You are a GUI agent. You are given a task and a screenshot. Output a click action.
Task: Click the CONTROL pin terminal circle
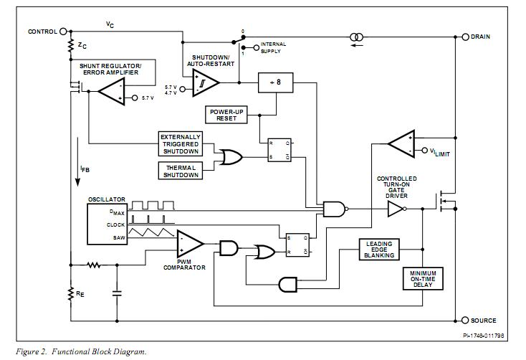(x=63, y=32)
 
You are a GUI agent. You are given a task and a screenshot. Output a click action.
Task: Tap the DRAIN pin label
(x=480, y=37)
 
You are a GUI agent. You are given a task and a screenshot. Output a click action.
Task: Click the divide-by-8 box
(x=275, y=83)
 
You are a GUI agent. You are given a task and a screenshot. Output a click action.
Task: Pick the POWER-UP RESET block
(x=226, y=114)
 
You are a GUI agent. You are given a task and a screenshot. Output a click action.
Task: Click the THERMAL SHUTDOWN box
(x=181, y=171)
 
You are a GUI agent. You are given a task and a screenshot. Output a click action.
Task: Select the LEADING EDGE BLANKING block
(x=378, y=250)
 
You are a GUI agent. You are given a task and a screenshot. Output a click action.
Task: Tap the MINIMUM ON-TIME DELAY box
(x=423, y=278)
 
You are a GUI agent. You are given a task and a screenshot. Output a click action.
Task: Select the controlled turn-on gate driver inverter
(x=396, y=209)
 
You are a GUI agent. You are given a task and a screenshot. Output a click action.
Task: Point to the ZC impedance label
(x=83, y=45)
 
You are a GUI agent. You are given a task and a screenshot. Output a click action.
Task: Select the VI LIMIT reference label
(x=439, y=152)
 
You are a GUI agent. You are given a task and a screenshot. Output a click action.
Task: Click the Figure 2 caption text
(x=80, y=351)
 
